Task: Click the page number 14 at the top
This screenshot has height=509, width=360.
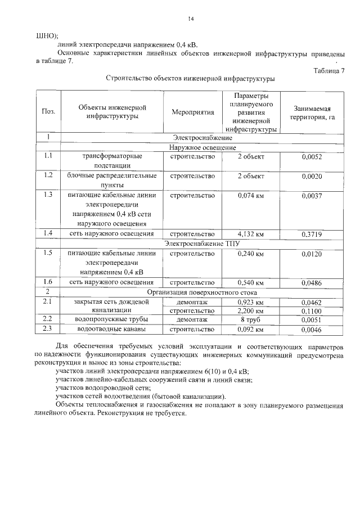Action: tap(191, 19)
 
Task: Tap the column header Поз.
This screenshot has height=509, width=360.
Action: tap(48, 112)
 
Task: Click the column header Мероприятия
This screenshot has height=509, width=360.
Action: tap(192, 112)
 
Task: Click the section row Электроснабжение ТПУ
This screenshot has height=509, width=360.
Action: tap(202, 244)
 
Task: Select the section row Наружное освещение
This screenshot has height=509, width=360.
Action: tap(202, 147)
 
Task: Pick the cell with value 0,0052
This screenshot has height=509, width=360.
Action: tap(311, 157)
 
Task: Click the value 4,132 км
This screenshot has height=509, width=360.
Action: tap(250, 233)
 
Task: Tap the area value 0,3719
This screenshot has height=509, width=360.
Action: tap(311, 233)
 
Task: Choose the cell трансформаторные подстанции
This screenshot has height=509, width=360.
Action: tap(112, 161)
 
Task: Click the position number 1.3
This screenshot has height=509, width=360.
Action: tap(48, 195)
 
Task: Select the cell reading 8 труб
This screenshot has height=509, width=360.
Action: tap(250, 319)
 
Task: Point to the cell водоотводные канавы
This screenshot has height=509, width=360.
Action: tap(112, 328)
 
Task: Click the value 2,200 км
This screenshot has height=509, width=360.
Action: tap(250, 310)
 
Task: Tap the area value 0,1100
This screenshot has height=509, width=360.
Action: tap(311, 310)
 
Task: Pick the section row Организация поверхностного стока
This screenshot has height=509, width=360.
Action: tap(202, 292)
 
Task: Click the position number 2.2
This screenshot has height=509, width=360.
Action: tap(48, 319)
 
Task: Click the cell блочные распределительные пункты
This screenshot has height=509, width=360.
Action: tap(112, 180)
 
